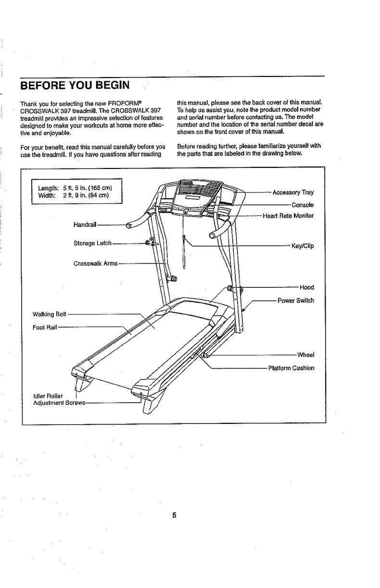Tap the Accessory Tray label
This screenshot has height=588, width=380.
(x=293, y=193)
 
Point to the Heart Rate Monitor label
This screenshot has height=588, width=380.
(x=288, y=216)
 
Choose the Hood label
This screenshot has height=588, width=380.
(x=306, y=288)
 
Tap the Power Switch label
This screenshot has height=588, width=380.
(x=295, y=301)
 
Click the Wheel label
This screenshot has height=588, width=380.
(x=305, y=356)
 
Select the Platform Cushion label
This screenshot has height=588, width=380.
(x=291, y=368)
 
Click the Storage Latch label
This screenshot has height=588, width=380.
(x=92, y=243)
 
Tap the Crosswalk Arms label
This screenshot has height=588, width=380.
(x=95, y=264)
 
